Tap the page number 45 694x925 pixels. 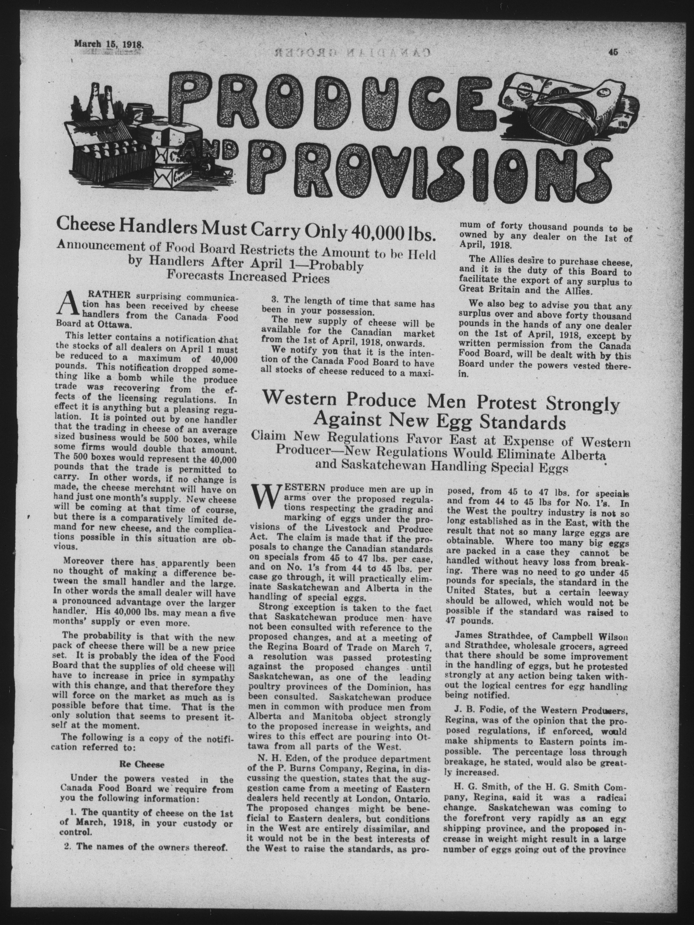tap(613, 52)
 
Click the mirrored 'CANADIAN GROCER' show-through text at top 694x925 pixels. tap(347, 52)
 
